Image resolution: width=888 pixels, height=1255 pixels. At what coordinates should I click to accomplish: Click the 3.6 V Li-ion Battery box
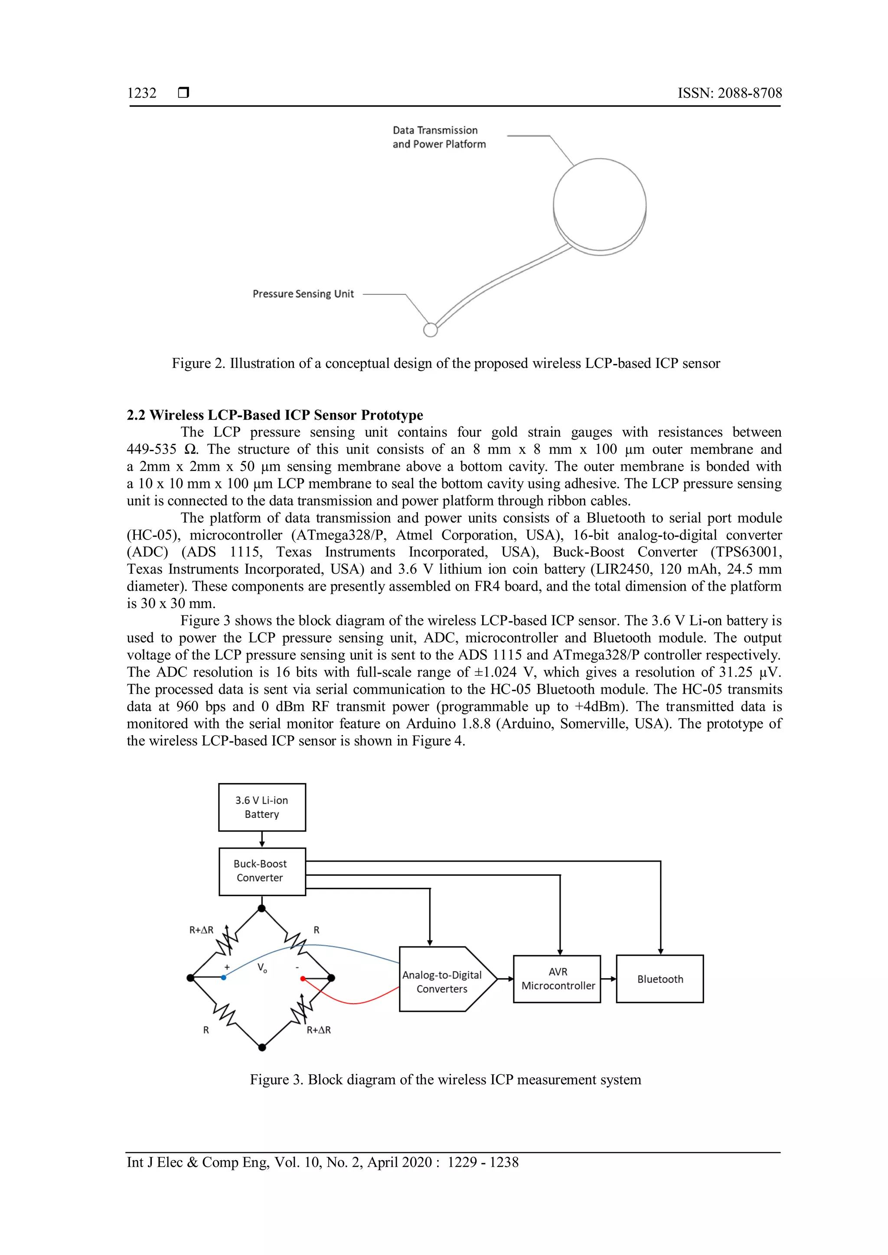pyautogui.click(x=262, y=807)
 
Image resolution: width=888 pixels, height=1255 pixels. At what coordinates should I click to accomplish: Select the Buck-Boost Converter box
pyautogui.click(x=262, y=871)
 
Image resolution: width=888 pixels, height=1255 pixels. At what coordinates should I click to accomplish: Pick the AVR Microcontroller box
pyautogui.click(x=557, y=979)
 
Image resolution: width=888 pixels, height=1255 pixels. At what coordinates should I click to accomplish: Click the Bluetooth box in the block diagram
pyautogui.click(x=659, y=979)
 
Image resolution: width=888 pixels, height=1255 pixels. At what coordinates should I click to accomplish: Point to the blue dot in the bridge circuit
pyautogui.click(x=224, y=977)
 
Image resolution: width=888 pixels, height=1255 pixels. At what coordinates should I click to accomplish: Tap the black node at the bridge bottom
pyautogui.click(x=262, y=1047)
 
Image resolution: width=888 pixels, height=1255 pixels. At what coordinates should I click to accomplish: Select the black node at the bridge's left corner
pyautogui.click(x=190, y=978)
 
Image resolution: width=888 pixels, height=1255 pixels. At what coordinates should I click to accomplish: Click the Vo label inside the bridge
pyautogui.click(x=262, y=968)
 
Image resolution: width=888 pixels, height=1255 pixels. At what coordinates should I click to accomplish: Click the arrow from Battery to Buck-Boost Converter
pyautogui.click(x=262, y=839)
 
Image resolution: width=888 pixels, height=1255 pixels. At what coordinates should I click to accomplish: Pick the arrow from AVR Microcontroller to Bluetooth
pyautogui.click(x=609, y=979)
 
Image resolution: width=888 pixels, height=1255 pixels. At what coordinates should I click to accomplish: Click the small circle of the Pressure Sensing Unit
pyautogui.click(x=430, y=330)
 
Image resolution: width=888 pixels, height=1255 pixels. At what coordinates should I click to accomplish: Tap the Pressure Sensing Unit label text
pyautogui.click(x=303, y=294)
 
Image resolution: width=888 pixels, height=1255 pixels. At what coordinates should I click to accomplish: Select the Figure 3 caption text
pyautogui.click(x=445, y=1079)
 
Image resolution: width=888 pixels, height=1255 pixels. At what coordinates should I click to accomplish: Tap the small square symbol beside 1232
pyautogui.click(x=184, y=92)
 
